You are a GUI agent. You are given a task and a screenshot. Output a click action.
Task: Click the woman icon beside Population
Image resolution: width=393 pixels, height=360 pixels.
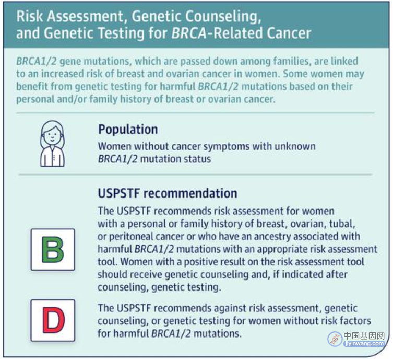click(52, 144)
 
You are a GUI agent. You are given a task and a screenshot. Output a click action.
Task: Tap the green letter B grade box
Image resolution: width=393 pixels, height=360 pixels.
click(53, 250)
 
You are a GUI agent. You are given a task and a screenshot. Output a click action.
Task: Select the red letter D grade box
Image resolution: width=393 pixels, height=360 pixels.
click(53, 320)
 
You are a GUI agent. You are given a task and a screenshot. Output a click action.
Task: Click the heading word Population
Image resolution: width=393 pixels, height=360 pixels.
click(128, 130)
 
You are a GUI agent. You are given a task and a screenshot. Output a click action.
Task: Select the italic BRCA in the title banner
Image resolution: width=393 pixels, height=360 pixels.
click(189, 33)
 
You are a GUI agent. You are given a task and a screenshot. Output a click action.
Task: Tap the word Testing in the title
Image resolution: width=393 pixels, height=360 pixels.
click(121, 33)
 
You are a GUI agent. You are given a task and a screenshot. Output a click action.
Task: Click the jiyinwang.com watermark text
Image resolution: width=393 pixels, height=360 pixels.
click(364, 344)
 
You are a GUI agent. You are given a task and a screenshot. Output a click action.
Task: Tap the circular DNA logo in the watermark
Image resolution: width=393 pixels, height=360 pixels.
click(335, 339)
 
